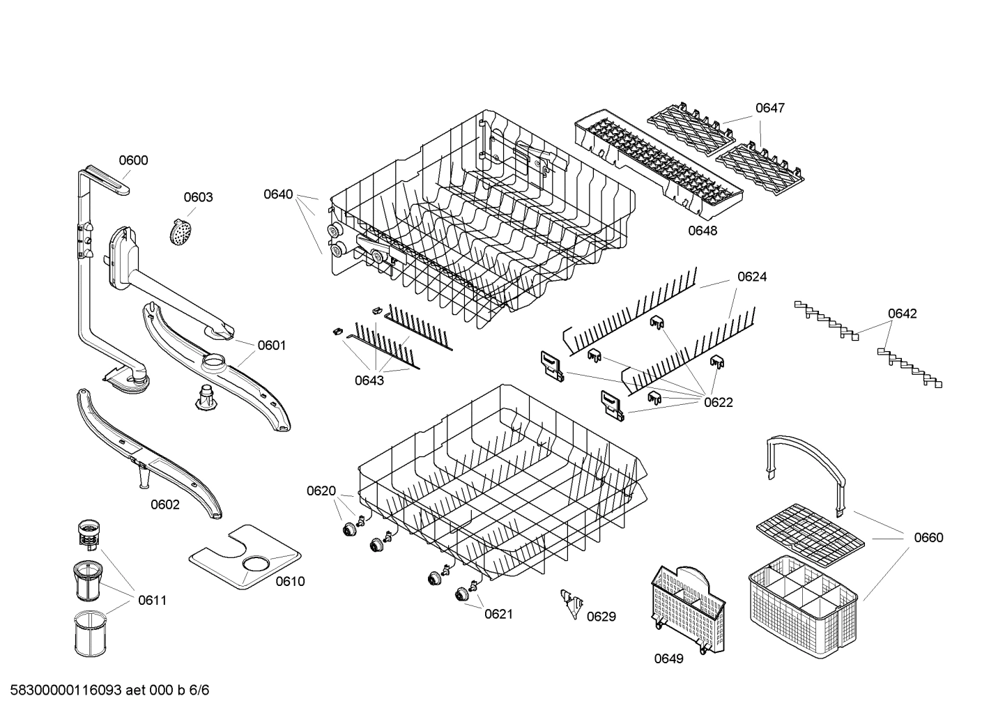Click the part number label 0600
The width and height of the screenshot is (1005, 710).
click(x=133, y=161)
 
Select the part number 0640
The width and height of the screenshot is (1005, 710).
click(x=278, y=194)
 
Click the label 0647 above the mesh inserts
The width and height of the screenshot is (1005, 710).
click(x=770, y=108)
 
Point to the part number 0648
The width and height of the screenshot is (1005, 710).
click(x=703, y=231)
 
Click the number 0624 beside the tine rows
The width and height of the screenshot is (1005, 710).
click(x=752, y=277)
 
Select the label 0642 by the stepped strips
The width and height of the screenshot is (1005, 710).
click(x=902, y=314)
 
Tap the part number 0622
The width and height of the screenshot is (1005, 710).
click(x=719, y=402)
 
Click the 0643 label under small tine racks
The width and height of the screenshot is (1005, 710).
click(x=369, y=380)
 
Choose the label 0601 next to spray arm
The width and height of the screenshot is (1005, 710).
click(x=272, y=345)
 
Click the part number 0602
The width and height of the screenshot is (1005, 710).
click(x=165, y=504)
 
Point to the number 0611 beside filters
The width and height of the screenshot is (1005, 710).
click(x=152, y=600)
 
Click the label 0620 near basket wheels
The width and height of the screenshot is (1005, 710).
click(x=321, y=491)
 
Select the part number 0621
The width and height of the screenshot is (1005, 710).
click(x=499, y=614)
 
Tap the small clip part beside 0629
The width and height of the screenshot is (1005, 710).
click(x=572, y=603)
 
